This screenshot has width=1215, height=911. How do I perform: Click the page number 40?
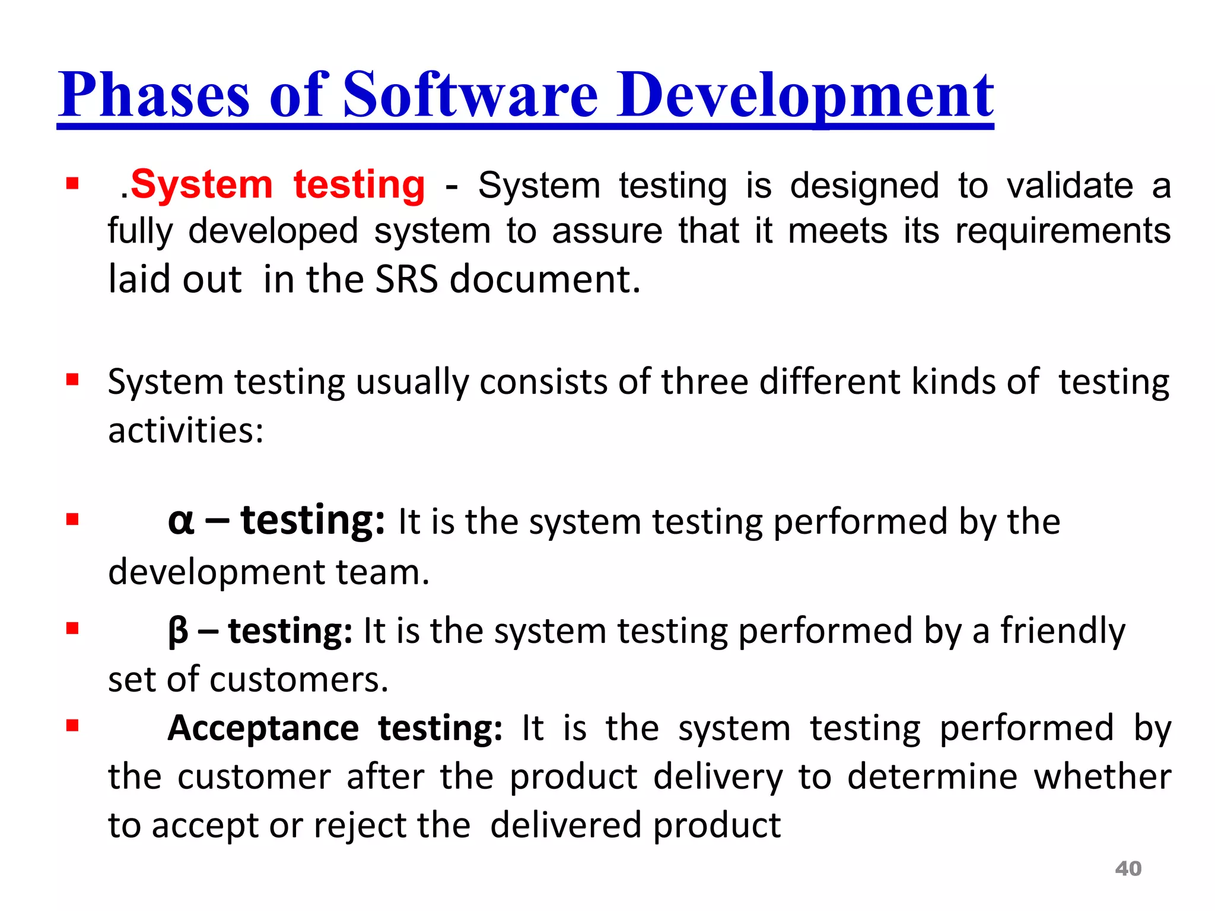coord(1128,869)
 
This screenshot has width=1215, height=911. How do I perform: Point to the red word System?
coord(201,185)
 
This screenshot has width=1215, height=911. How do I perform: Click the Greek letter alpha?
coord(181,522)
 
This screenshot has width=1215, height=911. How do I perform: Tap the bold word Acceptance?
coord(263,728)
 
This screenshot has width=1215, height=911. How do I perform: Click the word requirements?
coord(1063,231)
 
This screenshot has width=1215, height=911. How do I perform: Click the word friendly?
coord(1063,631)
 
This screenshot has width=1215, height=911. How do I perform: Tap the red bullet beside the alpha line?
coord(72,520)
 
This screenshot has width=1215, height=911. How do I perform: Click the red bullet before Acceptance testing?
coord(72,725)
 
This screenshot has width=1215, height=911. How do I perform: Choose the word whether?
coord(1102,777)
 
